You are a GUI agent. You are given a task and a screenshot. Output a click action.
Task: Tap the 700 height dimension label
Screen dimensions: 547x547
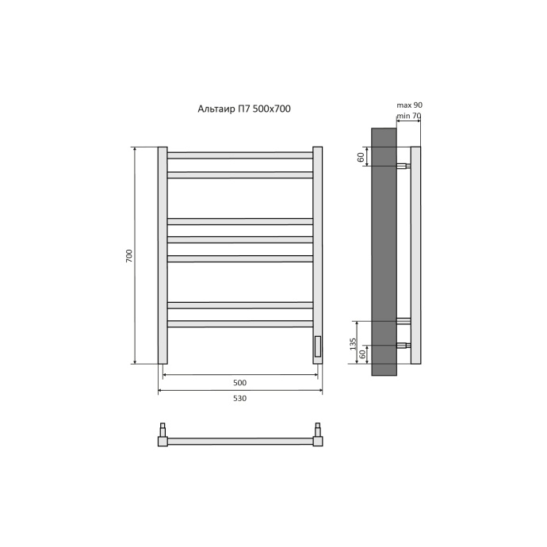coord(129,256)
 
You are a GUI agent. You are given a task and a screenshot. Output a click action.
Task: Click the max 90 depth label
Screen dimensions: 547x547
coord(408,105)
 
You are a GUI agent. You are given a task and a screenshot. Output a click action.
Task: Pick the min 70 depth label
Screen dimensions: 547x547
coord(409,116)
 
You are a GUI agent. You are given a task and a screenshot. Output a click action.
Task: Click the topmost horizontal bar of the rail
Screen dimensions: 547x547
coord(240,155)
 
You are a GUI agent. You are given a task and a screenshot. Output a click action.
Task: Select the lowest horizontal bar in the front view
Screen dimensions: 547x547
coord(240,323)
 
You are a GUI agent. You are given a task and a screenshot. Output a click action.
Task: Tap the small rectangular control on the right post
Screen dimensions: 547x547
coord(318,346)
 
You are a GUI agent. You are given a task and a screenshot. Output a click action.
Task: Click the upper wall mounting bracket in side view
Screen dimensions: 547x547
coord(404,166)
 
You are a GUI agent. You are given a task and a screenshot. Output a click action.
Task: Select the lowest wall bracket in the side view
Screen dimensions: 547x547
coord(404,346)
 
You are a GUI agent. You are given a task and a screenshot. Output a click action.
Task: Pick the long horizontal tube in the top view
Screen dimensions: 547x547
coord(240,441)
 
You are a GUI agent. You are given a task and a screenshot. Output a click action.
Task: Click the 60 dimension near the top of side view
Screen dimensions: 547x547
coord(361,157)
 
